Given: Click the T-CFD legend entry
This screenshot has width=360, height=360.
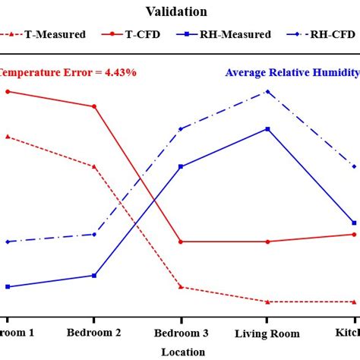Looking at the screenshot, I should coord(141,34).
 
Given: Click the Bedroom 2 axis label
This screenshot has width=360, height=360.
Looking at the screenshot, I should coord(94,333).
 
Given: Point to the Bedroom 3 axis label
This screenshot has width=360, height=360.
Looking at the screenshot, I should coord(181,333).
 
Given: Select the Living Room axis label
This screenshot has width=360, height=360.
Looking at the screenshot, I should coord(267,333).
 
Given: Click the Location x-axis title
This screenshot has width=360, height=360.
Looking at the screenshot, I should coord(183,352).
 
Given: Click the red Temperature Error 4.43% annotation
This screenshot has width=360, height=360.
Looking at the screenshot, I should coord(68,73).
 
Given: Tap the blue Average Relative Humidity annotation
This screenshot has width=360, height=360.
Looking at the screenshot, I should coord(292,73).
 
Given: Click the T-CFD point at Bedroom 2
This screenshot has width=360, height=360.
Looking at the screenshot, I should coord(94,106).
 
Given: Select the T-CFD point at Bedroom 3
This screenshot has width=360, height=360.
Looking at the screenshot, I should coord(181,242).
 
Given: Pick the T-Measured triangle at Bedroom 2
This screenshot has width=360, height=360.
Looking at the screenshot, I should coord(94,166).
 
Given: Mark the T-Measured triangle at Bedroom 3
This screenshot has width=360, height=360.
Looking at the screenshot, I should coord(181,287).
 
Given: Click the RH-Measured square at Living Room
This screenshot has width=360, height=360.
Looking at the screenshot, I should coord(267,129).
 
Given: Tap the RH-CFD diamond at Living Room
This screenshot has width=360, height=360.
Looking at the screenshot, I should coord(267,92).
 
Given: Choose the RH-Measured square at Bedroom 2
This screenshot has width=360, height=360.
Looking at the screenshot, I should coord(94,276).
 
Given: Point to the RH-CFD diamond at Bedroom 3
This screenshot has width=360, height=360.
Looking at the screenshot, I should coord(181,129).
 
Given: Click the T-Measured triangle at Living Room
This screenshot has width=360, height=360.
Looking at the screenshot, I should coord(267,302).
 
